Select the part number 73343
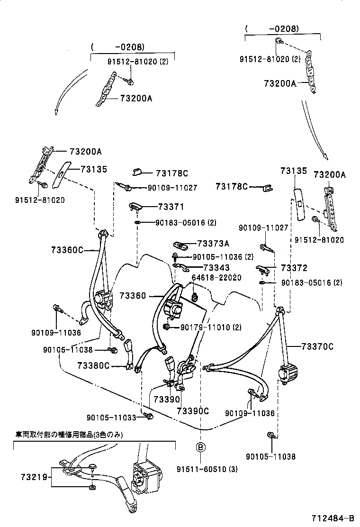pyautogui.click(x=216, y=268)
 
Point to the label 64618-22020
pyautogui.click(x=216, y=278)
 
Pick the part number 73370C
pyautogui.click(x=317, y=347)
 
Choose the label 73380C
pyautogui.click(x=93, y=365)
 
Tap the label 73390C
pyautogui.click(x=193, y=410)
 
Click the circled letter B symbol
pyautogui.click(x=200, y=447)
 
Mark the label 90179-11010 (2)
pyautogui.click(x=211, y=327)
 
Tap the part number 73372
pyautogui.click(x=294, y=268)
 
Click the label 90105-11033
pyautogui.click(x=111, y=417)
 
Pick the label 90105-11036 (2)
pyautogui.click(x=224, y=256)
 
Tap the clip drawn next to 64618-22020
pyautogui.click(x=195, y=298)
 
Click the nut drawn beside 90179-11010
pyautogui.click(x=167, y=327)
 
